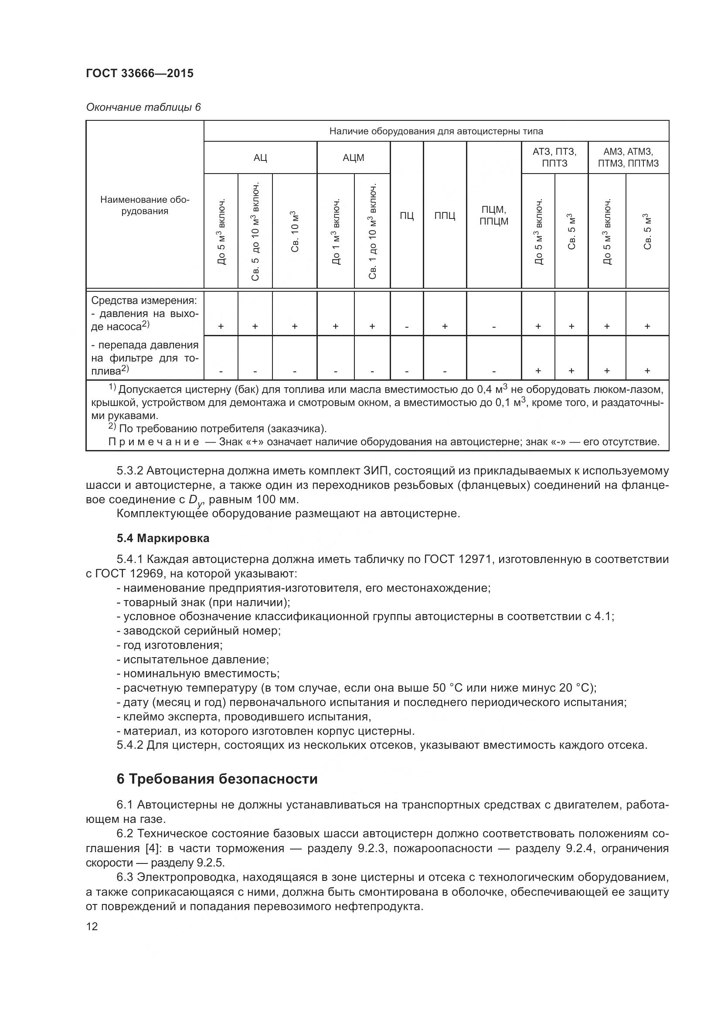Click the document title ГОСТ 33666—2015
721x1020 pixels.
(139, 73)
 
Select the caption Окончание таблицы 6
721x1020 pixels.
(143, 107)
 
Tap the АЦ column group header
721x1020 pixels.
(260, 157)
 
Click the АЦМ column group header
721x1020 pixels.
(354, 157)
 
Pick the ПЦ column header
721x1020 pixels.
(407, 216)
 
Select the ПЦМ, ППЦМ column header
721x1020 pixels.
(494, 215)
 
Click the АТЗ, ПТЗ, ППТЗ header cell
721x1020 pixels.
(554, 157)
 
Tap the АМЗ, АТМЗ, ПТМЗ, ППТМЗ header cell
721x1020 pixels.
(628, 157)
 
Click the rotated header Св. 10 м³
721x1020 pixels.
(295, 232)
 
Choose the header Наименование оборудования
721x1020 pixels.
(145, 205)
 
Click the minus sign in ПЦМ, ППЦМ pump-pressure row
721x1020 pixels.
(494, 327)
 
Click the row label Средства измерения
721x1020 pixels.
(144, 300)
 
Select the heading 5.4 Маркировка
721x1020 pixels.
(163, 538)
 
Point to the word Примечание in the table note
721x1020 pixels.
(153, 442)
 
